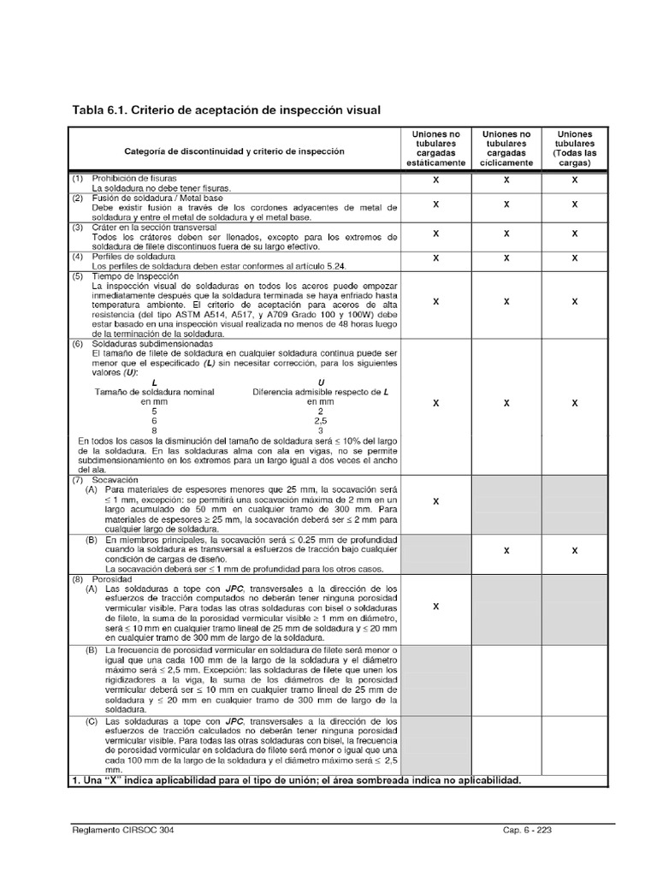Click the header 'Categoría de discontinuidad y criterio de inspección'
pyautogui.click(x=234, y=151)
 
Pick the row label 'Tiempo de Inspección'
pyautogui.click(x=139, y=277)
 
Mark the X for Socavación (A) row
pyautogui.click(x=436, y=501)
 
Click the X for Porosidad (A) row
pyautogui.click(x=436, y=607)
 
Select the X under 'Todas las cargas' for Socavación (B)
pyautogui.click(x=574, y=551)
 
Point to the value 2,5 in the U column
pyautogui.click(x=321, y=421)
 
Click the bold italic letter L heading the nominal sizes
pyautogui.click(x=154, y=382)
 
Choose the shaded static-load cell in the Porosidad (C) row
pyautogui.click(x=436, y=745)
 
